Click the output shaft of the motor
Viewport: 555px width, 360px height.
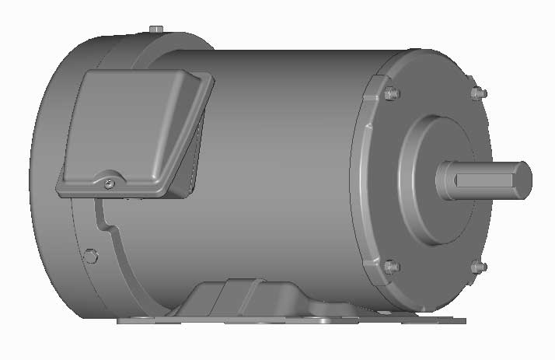click(x=482, y=179)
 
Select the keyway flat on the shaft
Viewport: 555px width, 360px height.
click(x=482, y=180)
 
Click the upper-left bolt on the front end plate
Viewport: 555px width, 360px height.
click(x=391, y=94)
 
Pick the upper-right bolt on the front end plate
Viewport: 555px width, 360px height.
click(x=478, y=93)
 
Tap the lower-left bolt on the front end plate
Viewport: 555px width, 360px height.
click(x=391, y=266)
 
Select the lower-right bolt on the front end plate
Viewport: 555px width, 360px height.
click(x=478, y=267)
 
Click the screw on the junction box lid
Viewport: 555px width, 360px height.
click(x=109, y=183)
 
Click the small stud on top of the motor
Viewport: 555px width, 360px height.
click(x=155, y=30)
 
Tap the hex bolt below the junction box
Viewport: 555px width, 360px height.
click(x=90, y=255)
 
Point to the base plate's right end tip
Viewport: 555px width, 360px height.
click(x=462, y=320)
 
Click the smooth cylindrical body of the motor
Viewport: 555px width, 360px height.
click(x=288, y=171)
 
